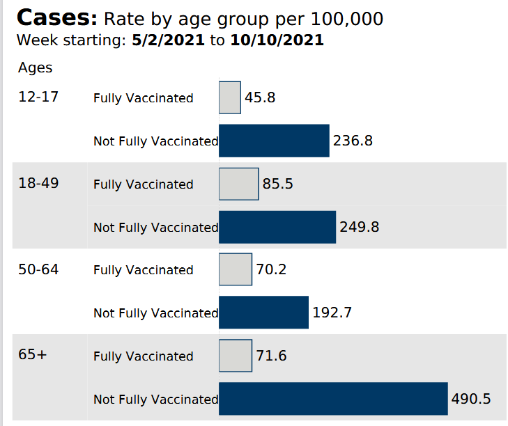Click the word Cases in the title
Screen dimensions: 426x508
56,18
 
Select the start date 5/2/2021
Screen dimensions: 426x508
169,40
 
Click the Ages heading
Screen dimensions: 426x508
36,68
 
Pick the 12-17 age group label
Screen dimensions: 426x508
38,97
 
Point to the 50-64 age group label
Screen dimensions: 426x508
38,269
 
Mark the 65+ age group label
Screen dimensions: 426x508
33,355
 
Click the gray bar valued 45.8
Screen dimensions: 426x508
230,97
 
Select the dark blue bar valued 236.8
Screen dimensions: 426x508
274,141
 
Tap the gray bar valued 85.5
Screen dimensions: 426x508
239,184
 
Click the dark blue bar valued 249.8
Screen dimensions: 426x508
277,227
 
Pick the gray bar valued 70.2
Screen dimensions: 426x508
236,269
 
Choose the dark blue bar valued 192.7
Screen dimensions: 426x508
263,313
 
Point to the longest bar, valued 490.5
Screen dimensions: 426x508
333,399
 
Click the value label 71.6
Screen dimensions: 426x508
272,356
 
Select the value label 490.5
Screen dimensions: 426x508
472,399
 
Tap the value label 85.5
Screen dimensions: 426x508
277,184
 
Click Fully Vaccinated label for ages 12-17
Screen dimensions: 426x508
143,98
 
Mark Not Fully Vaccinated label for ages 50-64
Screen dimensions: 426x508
155,313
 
